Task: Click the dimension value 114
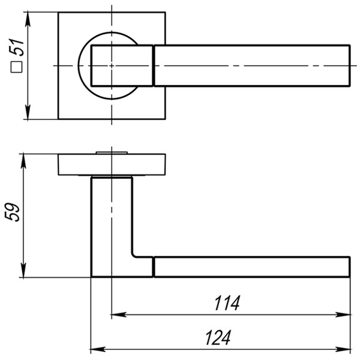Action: (x=227, y=304)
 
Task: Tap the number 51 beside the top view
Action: (x=17, y=47)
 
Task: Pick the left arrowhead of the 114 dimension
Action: (x=116, y=314)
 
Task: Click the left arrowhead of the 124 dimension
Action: (x=95, y=349)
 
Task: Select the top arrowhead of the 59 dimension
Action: (x=23, y=159)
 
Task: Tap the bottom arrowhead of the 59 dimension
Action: (x=23, y=272)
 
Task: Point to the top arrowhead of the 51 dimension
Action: (x=28, y=17)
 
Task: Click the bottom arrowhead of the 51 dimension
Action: (x=28, y=113)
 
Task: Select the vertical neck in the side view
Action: (x=112, y=222)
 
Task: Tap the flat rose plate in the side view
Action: (x=112, y=165)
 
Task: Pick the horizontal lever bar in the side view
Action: (x=252, y=267)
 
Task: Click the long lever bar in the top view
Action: (x=252, y=65)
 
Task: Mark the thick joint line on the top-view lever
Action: (x=154, y=65)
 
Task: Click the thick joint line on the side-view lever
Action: (x=154, y=267)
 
